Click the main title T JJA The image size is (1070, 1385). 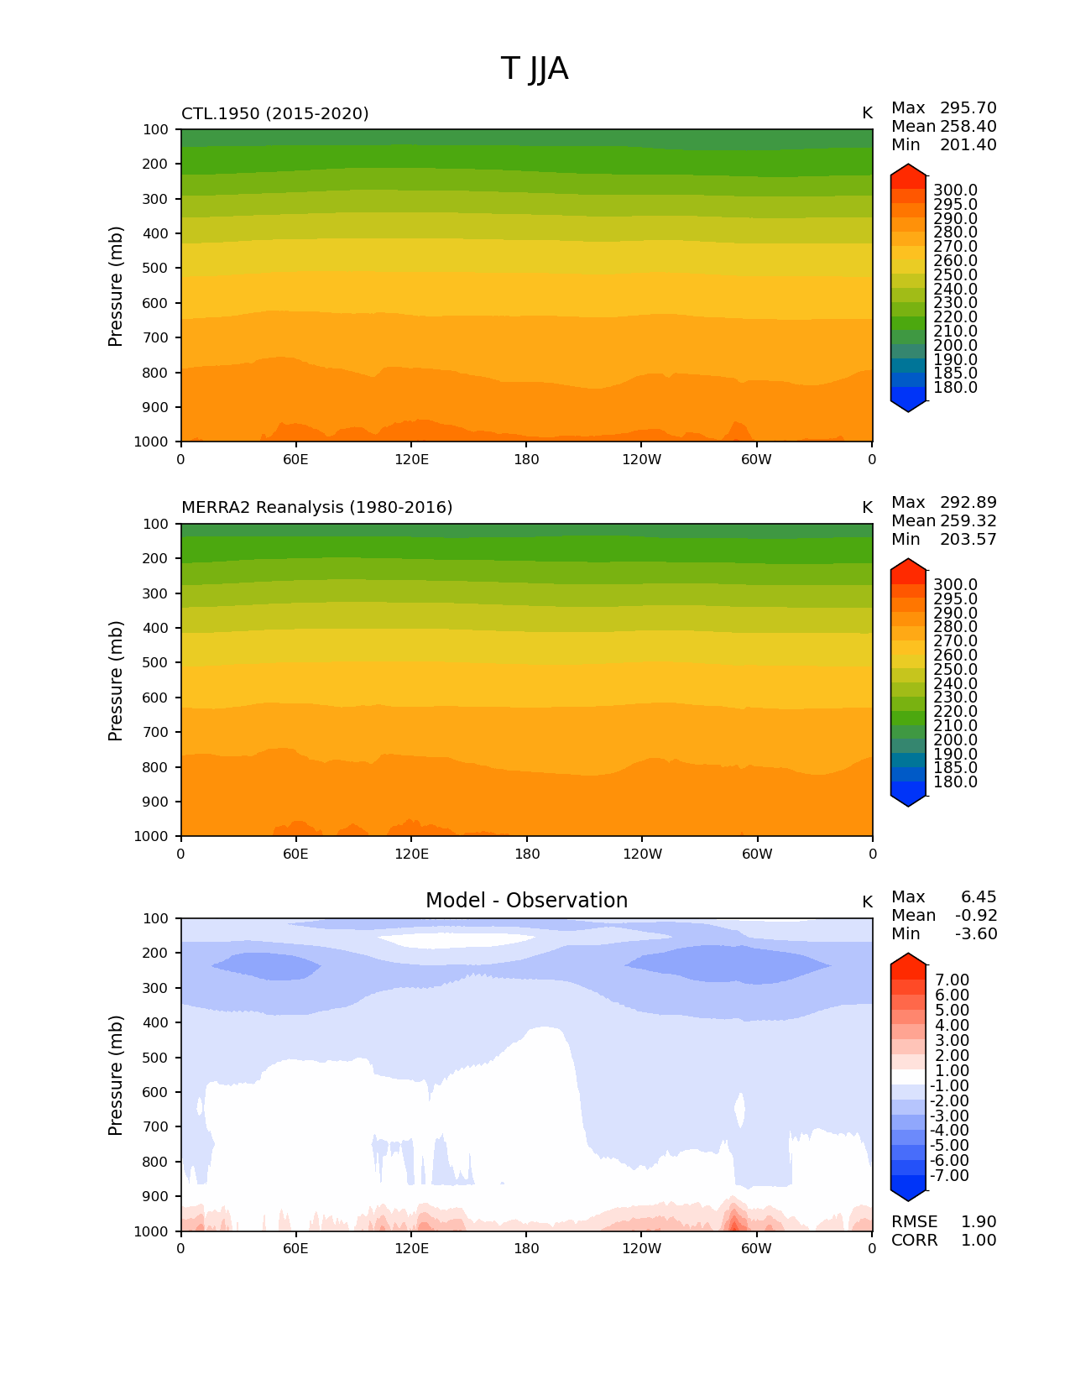pos(535,69)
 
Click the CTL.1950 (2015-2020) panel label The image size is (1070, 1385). pos(275,113)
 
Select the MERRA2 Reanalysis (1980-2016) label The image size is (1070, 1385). pos(317,508)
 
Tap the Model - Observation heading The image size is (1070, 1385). pos(526,901)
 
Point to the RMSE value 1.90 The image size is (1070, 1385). pos(979,1222)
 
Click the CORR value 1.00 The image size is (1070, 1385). pos(979,1241)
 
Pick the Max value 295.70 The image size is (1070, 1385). pos(968,108)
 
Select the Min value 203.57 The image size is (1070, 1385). pos(968,540)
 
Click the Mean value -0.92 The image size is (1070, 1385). pos(976,916)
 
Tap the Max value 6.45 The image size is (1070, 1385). pos(979,897)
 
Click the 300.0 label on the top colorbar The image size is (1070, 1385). pos(955,191)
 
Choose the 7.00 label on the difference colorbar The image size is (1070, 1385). pos(953,980)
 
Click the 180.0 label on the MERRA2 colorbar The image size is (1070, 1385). pos(955,782)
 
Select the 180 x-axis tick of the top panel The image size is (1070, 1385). pos(526,460)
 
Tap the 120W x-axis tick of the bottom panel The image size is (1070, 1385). pos(642,1249)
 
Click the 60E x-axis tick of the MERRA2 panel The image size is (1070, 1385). pos(295,855)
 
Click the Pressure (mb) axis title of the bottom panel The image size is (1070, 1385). pos(116,1075)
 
